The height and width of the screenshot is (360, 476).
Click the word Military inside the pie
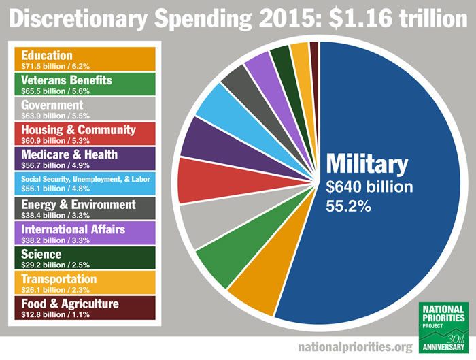tap(367, 164)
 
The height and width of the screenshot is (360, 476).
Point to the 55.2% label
tap(349, 206)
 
